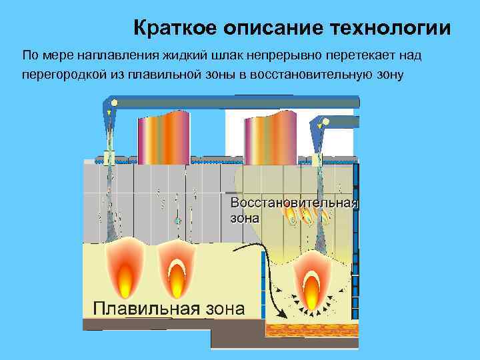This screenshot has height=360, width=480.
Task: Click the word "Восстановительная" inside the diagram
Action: [x=294, y=203]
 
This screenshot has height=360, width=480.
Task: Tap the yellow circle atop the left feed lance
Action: [x=114, y=103]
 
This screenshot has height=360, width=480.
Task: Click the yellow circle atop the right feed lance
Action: [x=325, y=123]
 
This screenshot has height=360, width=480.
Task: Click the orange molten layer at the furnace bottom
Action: [x=310, y=329]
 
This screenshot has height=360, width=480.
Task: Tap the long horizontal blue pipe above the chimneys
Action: [x=233, y=101]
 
